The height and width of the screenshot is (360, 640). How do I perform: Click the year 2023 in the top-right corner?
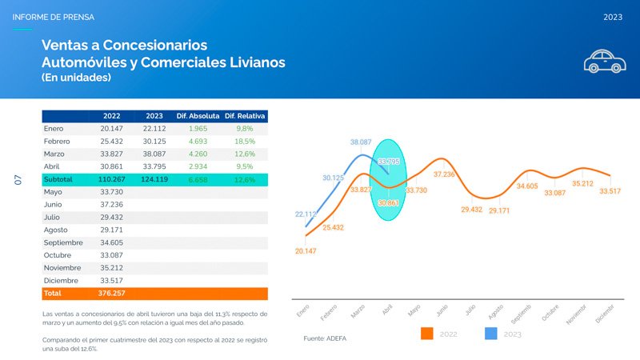tap(614, 17)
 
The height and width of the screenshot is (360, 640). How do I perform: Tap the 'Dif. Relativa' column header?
tap(245, 115)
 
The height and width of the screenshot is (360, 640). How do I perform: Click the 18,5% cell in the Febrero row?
tap(245, 141)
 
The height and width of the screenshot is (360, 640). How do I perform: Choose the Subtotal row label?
tap(58, 180)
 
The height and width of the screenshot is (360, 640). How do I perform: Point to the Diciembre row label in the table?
tap(62, 281)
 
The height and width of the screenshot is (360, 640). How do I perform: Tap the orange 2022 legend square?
tap(426, 333)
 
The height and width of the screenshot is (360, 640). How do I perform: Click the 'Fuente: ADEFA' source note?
tap(326, 339)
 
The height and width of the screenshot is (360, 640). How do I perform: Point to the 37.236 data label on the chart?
tap(444, 174)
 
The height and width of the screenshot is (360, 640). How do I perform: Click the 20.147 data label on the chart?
tap(306, 251)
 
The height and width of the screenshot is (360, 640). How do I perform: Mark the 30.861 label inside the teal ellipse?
tap(389, 203)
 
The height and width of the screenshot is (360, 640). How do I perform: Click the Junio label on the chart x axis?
tap(442, 309)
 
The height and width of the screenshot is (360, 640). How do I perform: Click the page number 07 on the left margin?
tap(18, 180)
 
